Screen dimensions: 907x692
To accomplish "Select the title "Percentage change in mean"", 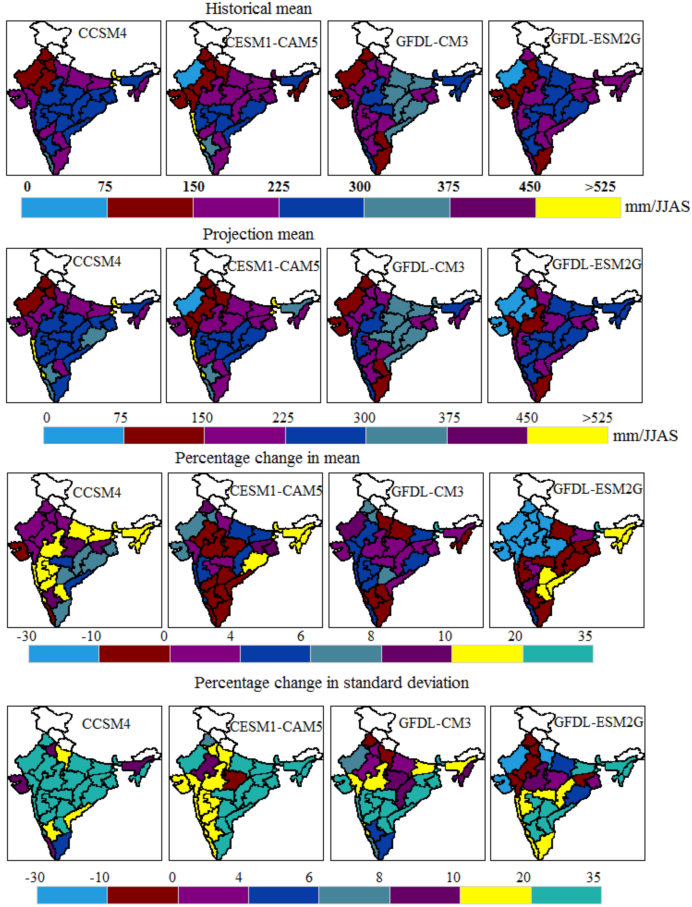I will pyautogui.click(x=267, y=458).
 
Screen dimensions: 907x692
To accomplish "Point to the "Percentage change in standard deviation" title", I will pyautogui.click(x=332, y=682).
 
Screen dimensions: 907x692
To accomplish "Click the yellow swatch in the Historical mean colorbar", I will pyautogui.click(x=578, y=207).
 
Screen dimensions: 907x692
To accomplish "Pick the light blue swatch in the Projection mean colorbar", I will pyautogui.click(x=84, y=435).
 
